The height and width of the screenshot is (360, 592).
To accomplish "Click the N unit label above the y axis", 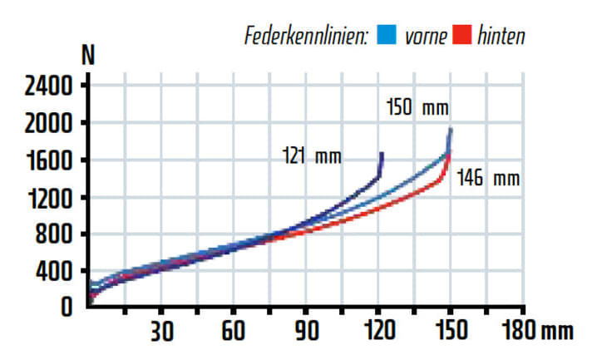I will pyautogui.click(x=88, y=57).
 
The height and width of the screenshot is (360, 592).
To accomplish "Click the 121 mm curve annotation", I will pyautogui.click(x=312, y=156).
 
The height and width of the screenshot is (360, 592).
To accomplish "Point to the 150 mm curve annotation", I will pyautogui.click(x=417, y=108).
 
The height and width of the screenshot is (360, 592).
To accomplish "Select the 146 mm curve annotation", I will pyautogui.click(x=487, y=178).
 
